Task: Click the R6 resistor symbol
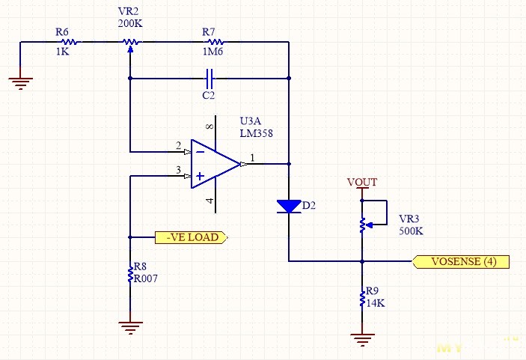pos(70,42)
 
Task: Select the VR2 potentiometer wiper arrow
pos(130,49)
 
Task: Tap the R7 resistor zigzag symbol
pos(215,42)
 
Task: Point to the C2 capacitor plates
pos(209,78)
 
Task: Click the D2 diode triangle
pos(289,206)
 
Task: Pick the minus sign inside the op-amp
pos(201,152)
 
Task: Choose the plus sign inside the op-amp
pos(200,176)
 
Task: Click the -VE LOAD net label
pos(192,237)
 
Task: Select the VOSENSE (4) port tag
pos(461,261)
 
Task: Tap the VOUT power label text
pos(362,182)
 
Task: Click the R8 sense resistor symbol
pos(130,275)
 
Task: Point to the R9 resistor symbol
pos(362,299)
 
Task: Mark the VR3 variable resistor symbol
pos(362,225)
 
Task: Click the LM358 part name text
pos(257,133)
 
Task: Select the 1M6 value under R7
pos(212,52)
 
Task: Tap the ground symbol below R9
pos(362,340)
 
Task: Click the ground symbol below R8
pos(130,328)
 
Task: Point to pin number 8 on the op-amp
pos(210,126)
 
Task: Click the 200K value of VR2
pos(130,23)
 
